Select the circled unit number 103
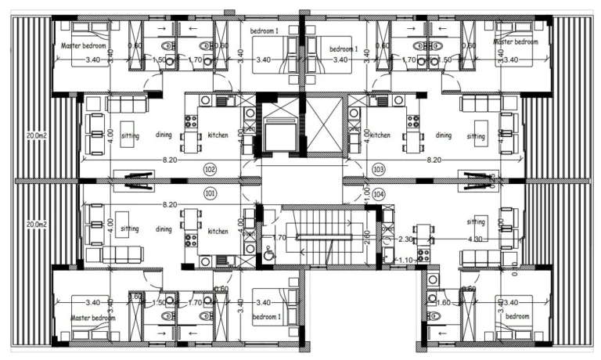pos(379,168)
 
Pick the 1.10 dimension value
pos(405,260)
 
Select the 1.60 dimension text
pos(443,301)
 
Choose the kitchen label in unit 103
pos(380,135)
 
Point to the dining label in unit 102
pos(164,135)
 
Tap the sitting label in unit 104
pos(476,221)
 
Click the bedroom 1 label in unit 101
pos(266,318)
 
